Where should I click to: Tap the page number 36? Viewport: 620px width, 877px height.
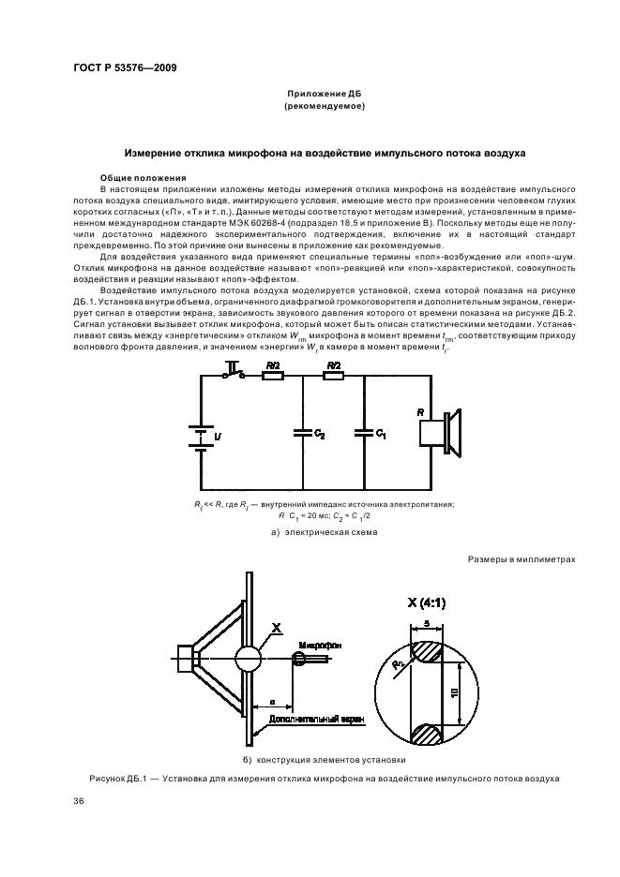pyautogui.click(x=79, y=801)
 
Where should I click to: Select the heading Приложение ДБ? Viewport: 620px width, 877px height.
pyautogui.click(x=324, y=96)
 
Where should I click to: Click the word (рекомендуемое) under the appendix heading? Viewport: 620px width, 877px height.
pyautogui.click(x=324, y=107)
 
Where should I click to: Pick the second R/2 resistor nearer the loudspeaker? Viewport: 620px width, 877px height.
pyautogui.click(x=333, y=376)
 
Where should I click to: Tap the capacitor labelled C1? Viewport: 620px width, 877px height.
pyautogui.click(x=364, y=432)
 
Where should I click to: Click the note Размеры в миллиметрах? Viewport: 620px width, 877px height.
pyautogui.click(x=522, y=559)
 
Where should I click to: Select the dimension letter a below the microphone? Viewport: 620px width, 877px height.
pyautogui.click(x=271, y=700)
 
